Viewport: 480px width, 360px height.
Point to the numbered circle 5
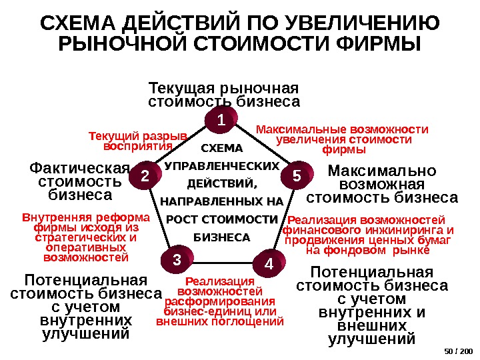click(297, 175)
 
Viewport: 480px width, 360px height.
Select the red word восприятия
click(139, 146)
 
